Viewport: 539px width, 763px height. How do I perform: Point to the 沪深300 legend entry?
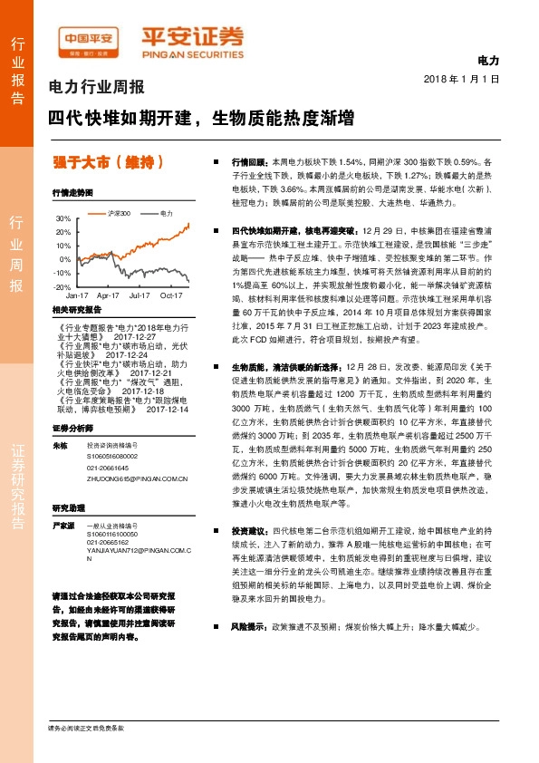point(115,214)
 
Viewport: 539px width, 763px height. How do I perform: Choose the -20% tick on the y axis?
point(63,286)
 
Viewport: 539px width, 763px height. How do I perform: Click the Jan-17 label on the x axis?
point(77,295)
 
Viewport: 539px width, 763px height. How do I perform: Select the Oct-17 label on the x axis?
point(171,295)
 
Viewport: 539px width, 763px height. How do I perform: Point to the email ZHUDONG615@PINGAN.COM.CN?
point(137,479)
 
